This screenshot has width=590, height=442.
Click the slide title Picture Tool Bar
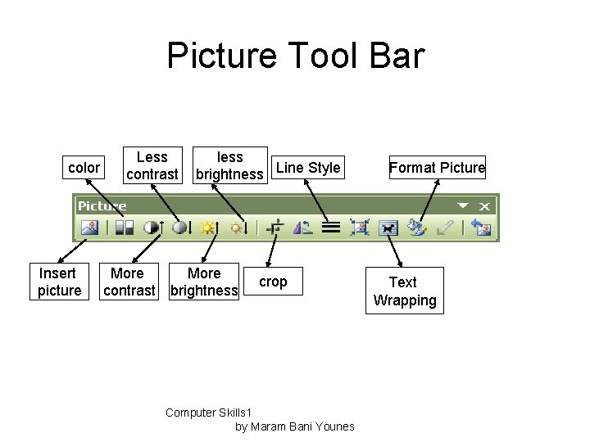(x=295, y=56)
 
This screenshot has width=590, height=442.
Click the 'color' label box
(x=84, y=168)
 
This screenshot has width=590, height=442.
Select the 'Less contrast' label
(x=152, y=165)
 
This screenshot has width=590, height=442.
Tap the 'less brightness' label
(x=229, y=165)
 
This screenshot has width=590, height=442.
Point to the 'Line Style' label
(x=308, y=168)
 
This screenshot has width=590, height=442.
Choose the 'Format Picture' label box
(x=437, y=168)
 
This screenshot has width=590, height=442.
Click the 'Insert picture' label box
(x=60, y=282)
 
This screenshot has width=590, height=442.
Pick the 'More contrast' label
(x=127, y=282)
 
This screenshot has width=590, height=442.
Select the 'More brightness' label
(x=204, y=282)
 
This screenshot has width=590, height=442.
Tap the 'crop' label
(x=273, y=282)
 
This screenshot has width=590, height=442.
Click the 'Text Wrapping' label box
(x=404, y=291)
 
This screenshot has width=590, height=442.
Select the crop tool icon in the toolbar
(x=278, y=228)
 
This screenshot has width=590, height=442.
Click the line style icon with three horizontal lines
(x=331, y=228)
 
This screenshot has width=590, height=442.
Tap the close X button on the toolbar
(x=486, y=206)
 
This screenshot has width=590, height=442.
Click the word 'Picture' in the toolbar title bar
(x=102, y=206)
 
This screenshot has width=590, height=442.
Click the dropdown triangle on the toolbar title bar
(x=463, y=206)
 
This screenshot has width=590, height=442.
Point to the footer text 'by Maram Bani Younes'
(x=294, y=426)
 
